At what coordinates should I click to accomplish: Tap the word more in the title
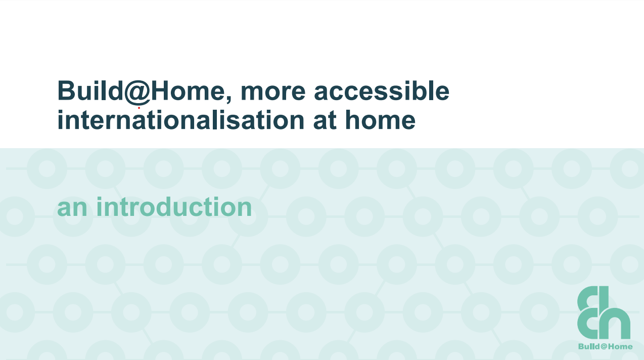pos(273,93)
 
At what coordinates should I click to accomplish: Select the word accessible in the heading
pos(382,91)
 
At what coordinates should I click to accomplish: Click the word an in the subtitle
pos(72,208)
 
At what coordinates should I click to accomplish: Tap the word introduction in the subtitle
pos(174,206)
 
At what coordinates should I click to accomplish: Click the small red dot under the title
pos(139,108)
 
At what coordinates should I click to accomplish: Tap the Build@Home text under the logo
pos(605,346)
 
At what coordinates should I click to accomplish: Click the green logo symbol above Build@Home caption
pos(604,312)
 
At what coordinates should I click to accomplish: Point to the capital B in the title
pos(66,91)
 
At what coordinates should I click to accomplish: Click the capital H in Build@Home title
pos(160,91)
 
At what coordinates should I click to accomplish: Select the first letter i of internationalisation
pos(60,119)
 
